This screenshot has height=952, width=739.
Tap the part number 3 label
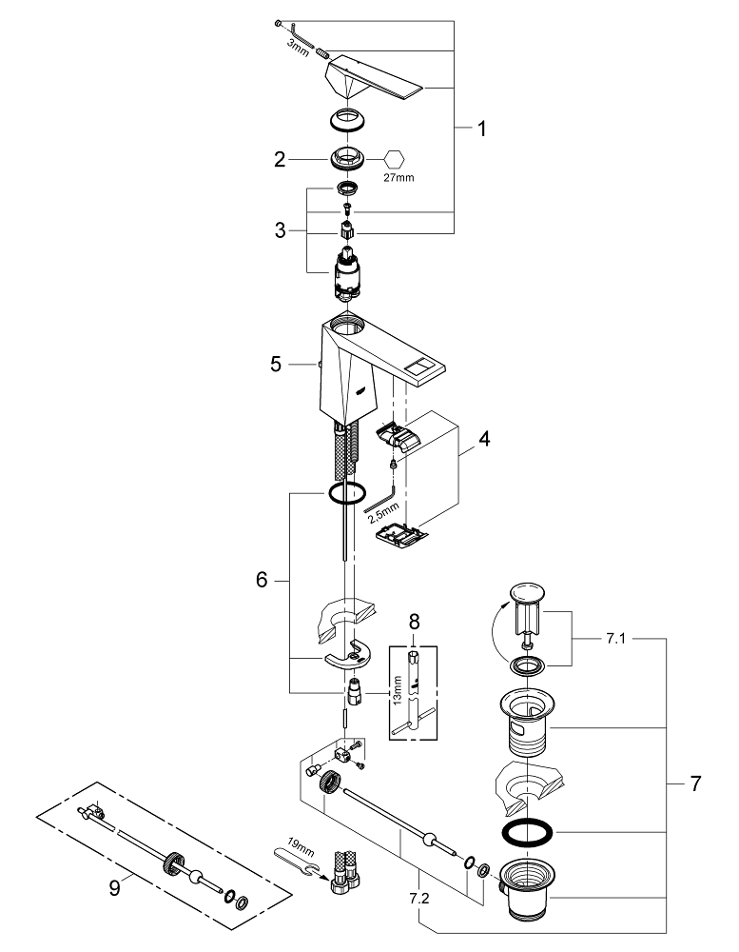(280, 229)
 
